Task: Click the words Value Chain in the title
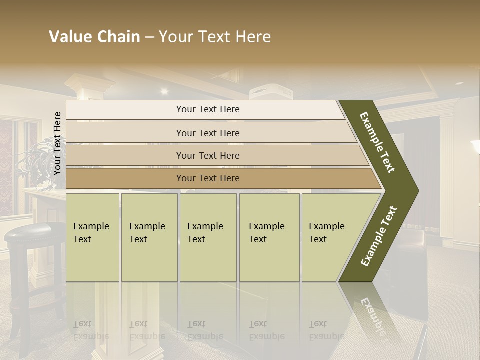(94, 37)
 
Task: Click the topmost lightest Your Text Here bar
(208, 109)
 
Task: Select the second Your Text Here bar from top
(208, 133)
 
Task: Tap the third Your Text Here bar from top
(208, 155)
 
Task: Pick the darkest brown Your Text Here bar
(208, 178)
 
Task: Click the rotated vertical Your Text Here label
(57, 143)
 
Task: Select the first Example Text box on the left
(92, 237)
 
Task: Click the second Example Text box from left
(149, 237)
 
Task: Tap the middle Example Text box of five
(208, 237)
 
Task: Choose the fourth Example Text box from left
(269, 237)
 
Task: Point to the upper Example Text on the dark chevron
(378, 142)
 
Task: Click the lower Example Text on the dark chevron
(379, 236)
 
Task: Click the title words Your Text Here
(215, 37)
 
